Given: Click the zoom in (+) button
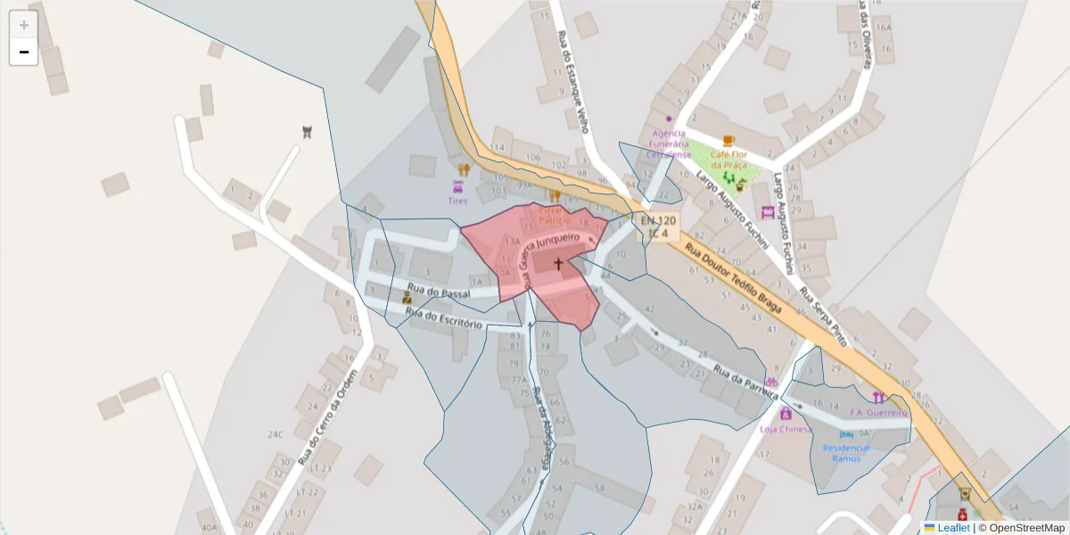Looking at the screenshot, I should pos(24,25).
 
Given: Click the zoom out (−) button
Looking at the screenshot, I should pos(24,52).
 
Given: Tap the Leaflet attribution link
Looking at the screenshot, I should pos(952,528).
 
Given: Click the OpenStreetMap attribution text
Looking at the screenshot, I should pos(1026,528).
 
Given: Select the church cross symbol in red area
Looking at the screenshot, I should pos(559,264).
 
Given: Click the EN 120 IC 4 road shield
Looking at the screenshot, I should pos(659,226).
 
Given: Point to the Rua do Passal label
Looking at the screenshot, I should pos(438,291).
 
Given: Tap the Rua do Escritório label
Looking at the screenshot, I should pos(443,318).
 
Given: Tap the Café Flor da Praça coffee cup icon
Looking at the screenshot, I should pos(728,141).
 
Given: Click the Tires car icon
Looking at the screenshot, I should pos(457,187).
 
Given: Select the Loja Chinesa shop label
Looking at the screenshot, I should pos(785,429).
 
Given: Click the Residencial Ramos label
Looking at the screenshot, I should pos(846,453).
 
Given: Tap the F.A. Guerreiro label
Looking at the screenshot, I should pos(878,413).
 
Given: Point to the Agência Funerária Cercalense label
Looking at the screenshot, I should pos(669,144).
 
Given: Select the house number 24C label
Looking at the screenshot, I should pos(275,435).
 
